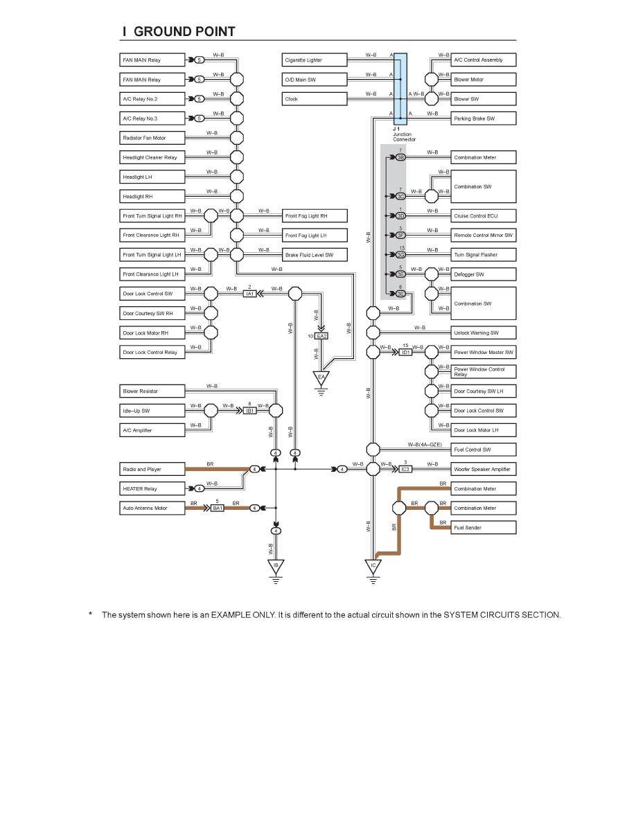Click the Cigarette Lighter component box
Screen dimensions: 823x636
click(315, 60)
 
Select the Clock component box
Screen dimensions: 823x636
click(315, 99)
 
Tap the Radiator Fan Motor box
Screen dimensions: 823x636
click(153, 138)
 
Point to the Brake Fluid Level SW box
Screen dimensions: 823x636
click(315, 255)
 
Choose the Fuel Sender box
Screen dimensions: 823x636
click(484, 528)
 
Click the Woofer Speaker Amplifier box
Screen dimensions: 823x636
click(484, 469)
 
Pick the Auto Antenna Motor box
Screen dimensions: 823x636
click(153, 508)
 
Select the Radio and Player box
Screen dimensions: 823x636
click(153, 469)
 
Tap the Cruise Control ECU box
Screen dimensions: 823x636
click(484, 216)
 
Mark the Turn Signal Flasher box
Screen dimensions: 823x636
click(484, 255)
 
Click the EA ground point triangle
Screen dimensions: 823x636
click(321, 378)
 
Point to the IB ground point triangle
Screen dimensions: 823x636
click(276, 567)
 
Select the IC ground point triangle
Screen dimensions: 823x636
click(373, 567)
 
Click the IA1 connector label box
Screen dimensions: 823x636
click(249, 294)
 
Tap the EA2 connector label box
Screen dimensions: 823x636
click(321, 336)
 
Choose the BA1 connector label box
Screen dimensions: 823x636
click(218, 508)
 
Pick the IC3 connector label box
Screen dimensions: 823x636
click(406, 470)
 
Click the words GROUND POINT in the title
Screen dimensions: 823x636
click(184, 32)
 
